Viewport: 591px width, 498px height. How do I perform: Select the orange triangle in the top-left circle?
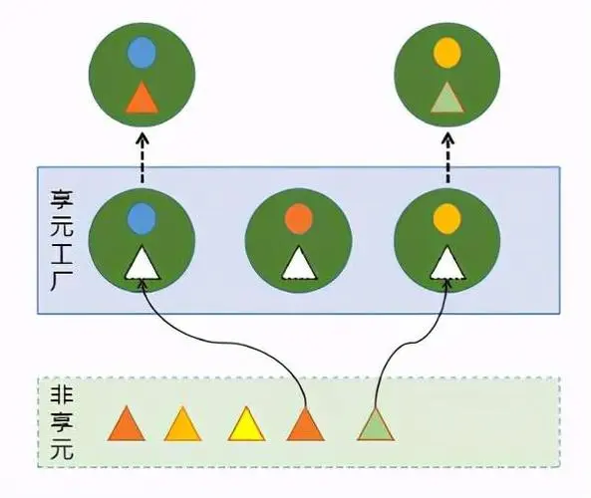pos(143,98)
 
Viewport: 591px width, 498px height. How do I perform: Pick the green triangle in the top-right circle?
pos(447,98)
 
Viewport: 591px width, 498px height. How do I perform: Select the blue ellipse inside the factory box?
pos(143,215)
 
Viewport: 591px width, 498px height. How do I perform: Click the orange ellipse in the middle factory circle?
pos(296,216)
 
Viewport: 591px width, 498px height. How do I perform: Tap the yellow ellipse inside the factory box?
pos(447,215)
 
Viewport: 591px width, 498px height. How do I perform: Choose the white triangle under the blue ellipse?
pos(143,263)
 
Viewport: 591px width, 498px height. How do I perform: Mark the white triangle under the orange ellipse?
pos(296,263)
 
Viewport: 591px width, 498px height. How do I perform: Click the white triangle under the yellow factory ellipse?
pos(447,263)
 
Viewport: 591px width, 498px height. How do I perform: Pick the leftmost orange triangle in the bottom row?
pos(127,425)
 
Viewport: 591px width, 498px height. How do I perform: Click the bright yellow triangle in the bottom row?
pos(246,425)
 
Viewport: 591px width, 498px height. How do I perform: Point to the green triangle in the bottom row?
pos(376,425)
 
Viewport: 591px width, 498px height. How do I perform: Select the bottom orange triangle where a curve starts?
pos(306,425)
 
